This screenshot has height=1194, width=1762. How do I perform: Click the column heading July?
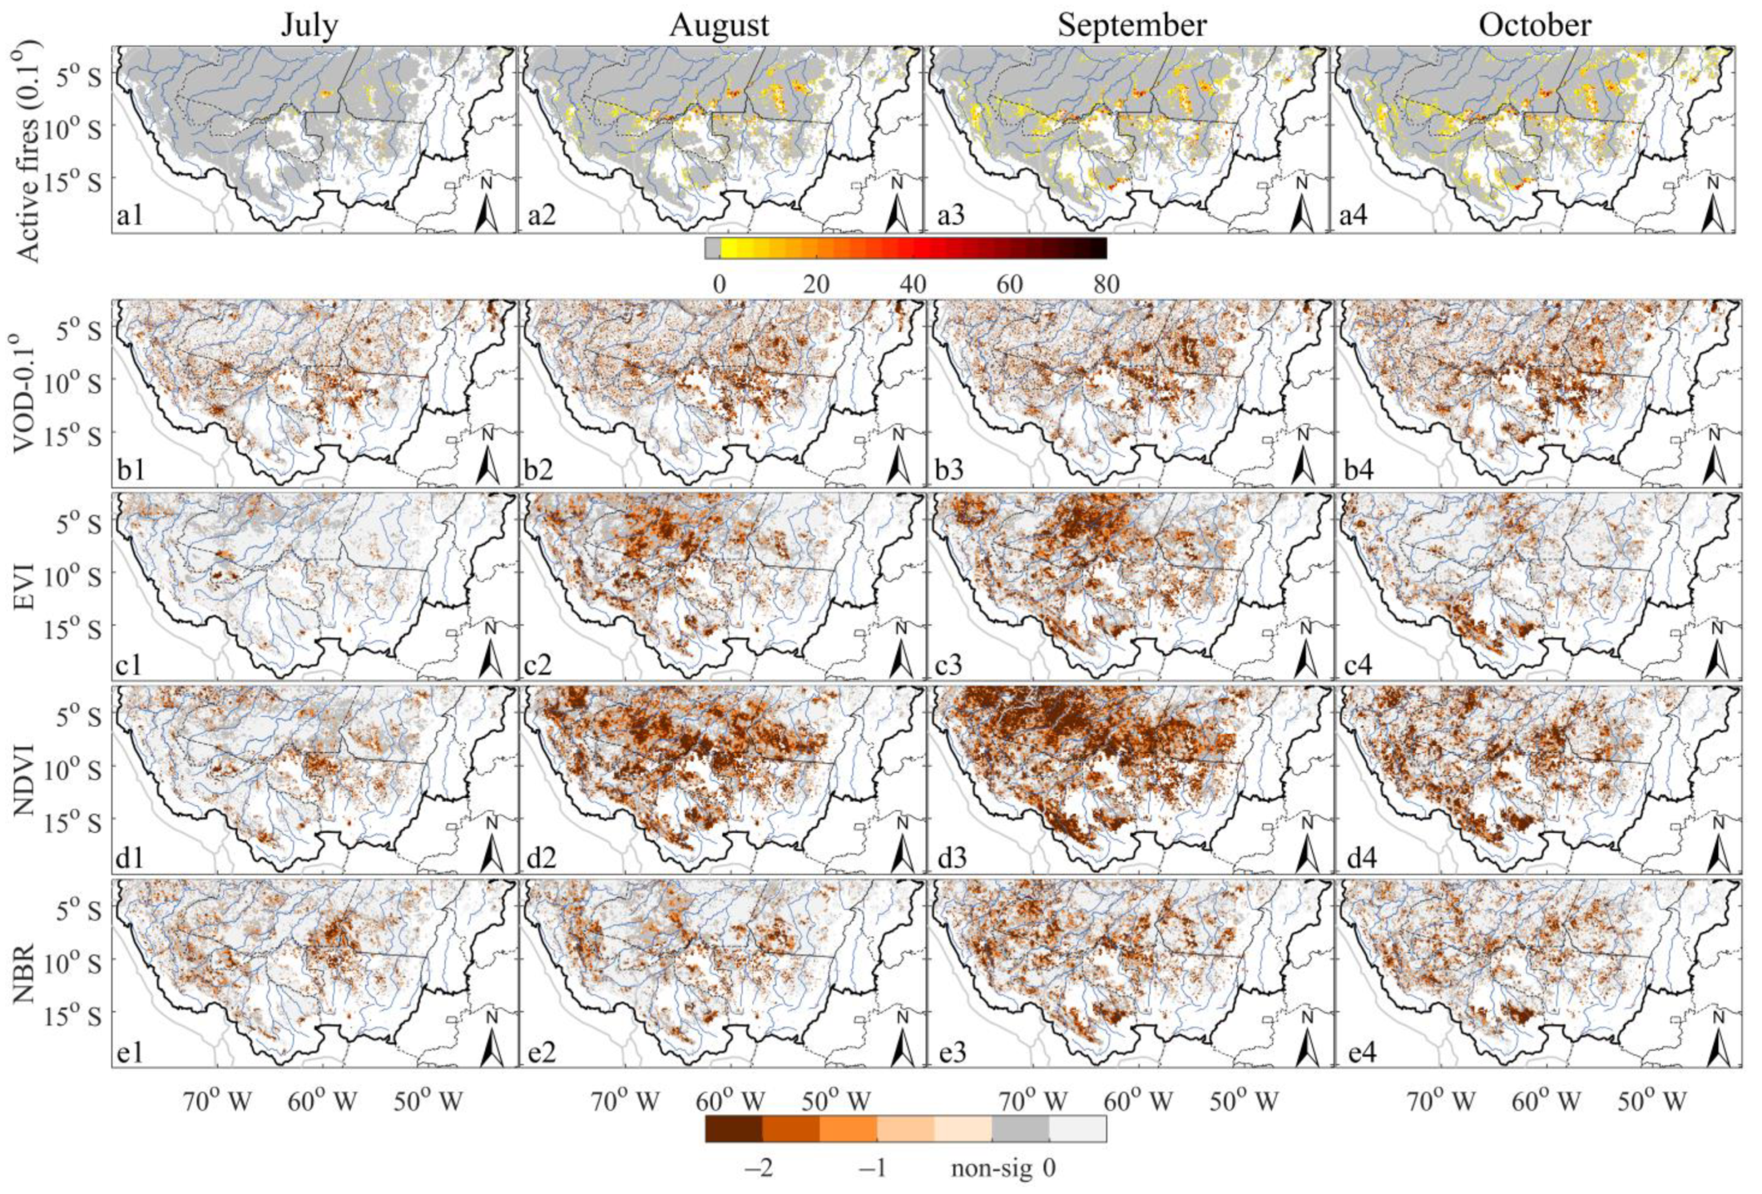pos(309,25)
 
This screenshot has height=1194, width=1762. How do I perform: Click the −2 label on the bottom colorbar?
pos(758,1169)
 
